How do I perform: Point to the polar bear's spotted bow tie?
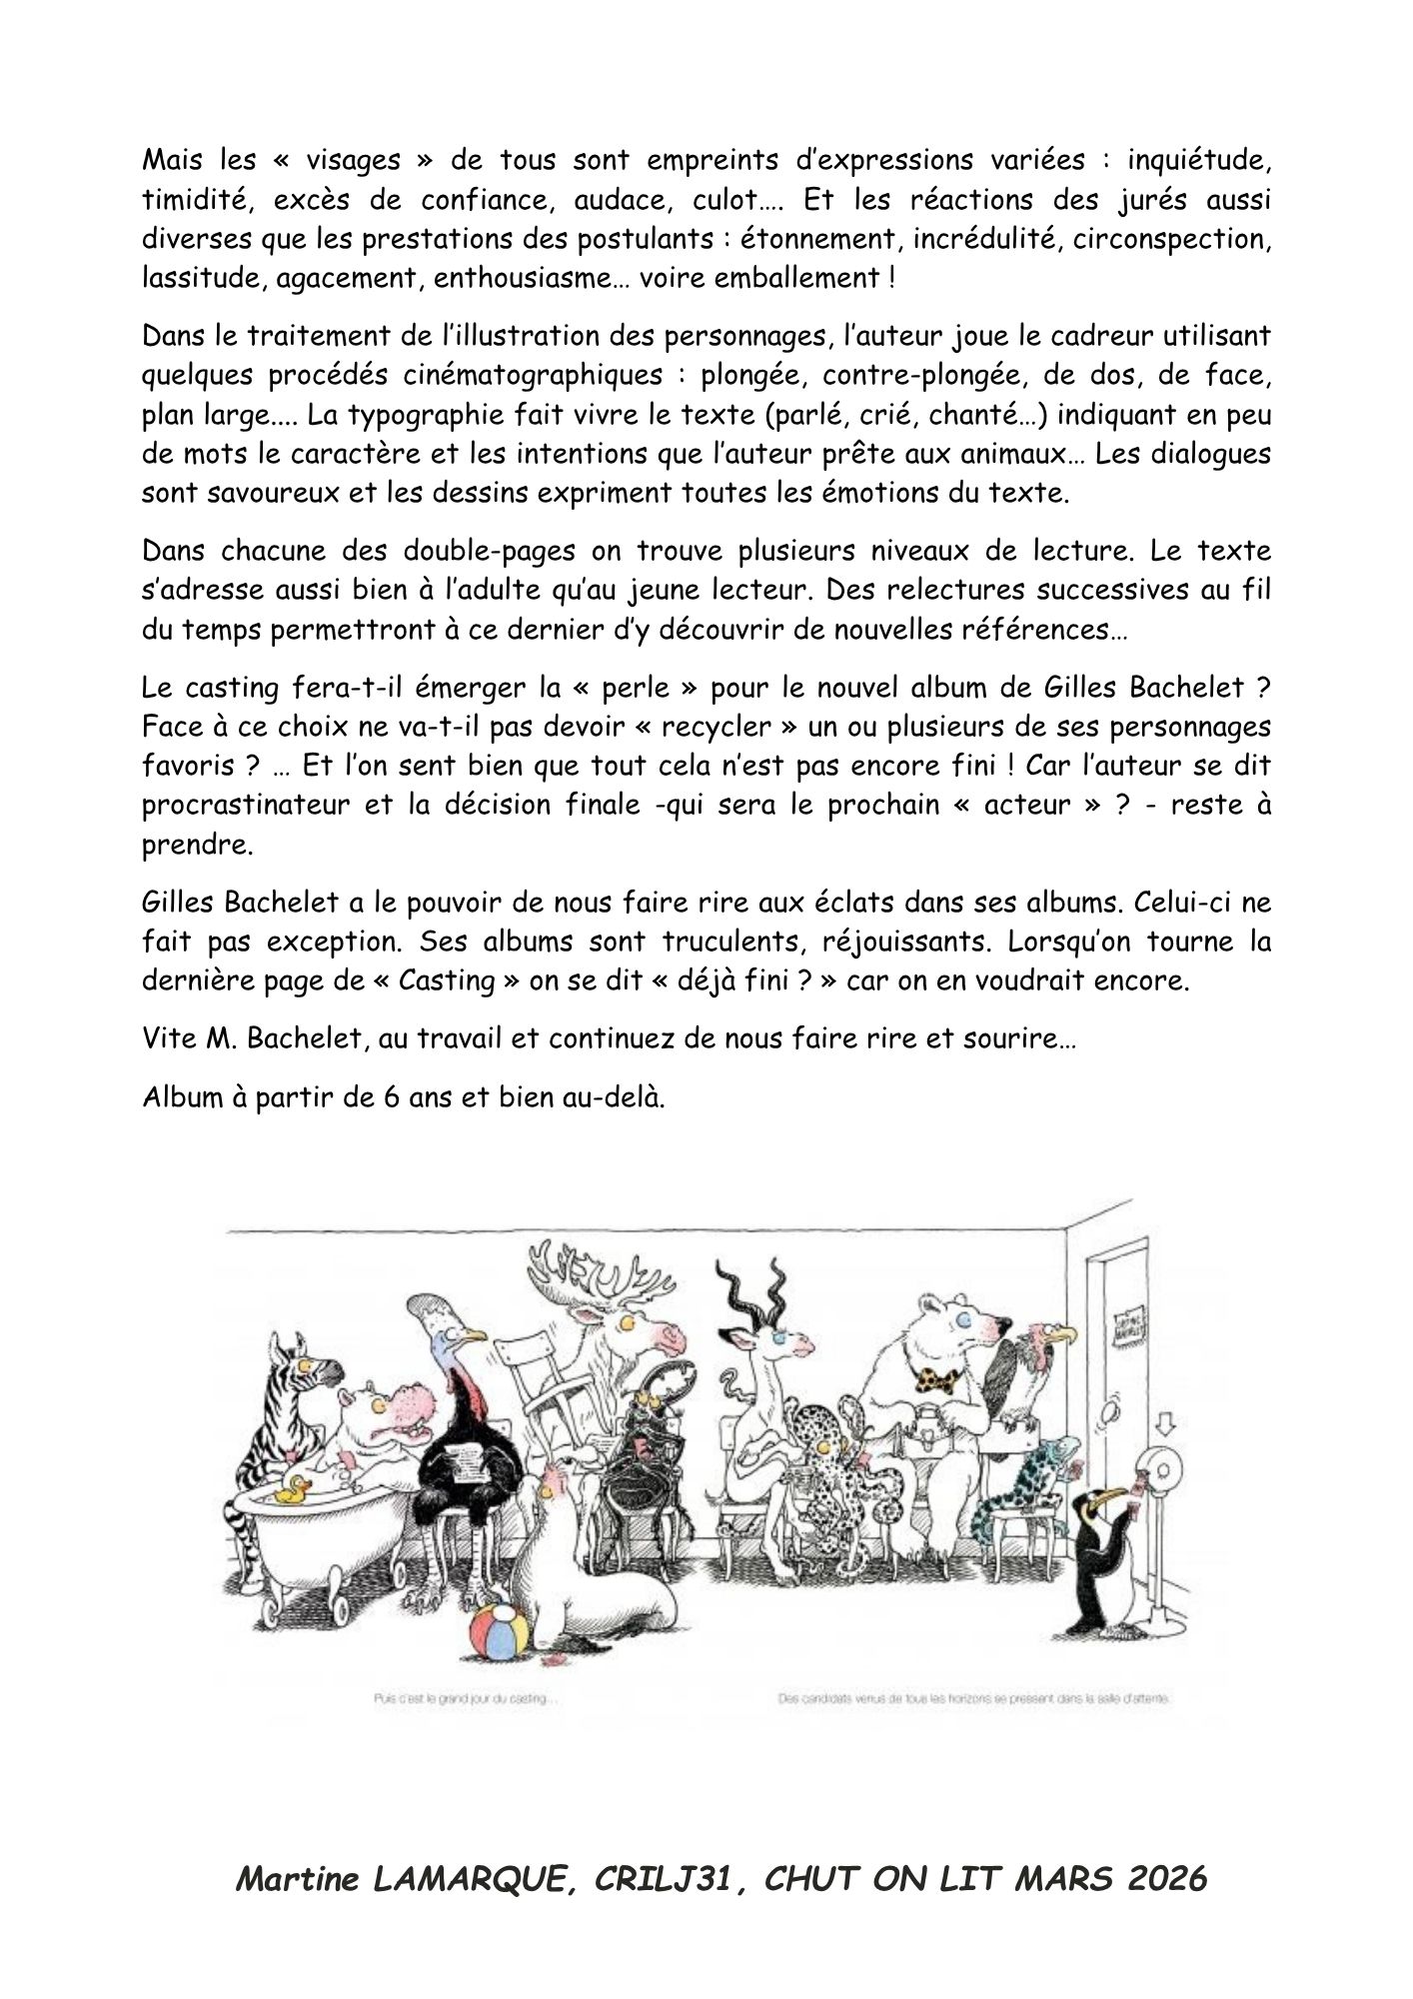point(940,1383)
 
